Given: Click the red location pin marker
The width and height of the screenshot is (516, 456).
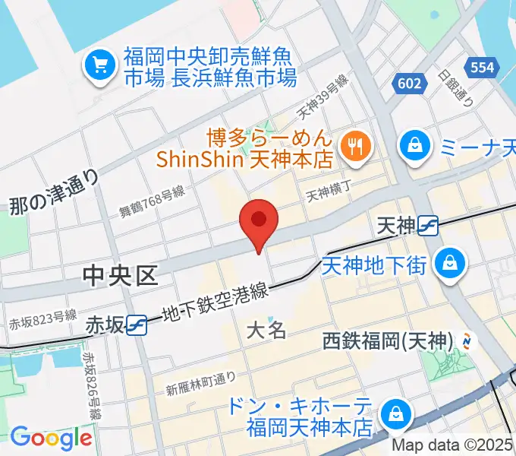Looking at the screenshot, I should pos(259,221).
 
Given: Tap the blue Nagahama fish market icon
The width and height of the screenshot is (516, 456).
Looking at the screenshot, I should pos(100,66).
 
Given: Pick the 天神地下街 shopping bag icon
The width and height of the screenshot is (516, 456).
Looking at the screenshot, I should pos(450,264).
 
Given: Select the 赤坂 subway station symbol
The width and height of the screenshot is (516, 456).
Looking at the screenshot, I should pos(137,325).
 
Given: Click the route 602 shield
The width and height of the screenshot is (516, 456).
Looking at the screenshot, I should pos(408,83).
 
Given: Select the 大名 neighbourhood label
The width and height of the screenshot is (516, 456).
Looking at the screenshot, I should pos(266,331).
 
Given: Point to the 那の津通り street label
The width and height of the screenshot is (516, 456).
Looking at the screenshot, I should pos(55,191).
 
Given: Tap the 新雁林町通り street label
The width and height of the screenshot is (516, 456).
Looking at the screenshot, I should pos(201,382).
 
